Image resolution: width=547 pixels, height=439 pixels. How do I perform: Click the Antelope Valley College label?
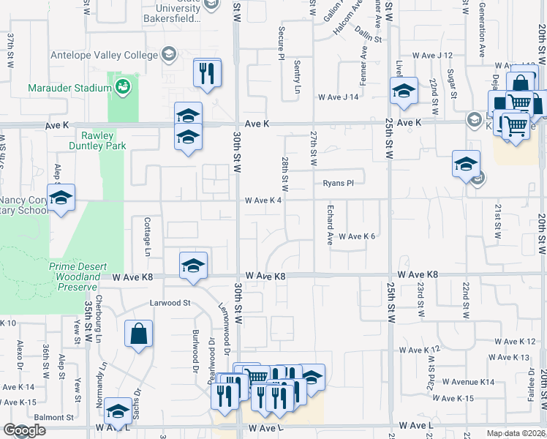pyautogui.click(x=103, y=55)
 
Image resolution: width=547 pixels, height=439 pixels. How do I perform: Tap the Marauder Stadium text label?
pyautogui.click(x=70, y=88)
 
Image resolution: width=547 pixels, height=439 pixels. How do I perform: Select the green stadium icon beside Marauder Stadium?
pyautogui.click(x=124, y=87)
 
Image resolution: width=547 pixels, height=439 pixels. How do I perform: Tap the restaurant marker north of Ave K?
pyautogui.click(x=207, y=73)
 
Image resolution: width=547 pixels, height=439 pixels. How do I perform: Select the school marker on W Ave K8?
pyautogui.click(x=194, y=266)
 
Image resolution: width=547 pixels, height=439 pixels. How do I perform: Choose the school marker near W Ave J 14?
pyautogui.click(x=403, y=91)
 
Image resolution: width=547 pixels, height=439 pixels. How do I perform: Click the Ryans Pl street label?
pyautogui.click(x=338, y=183)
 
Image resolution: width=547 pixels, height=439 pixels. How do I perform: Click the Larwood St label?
pyautogui.click(x=170, y=301)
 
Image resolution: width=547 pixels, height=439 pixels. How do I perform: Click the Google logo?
pyautogui.click(x=24, y=430)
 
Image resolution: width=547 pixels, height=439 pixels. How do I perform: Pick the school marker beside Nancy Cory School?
pyautogui.click(x=61, y=197)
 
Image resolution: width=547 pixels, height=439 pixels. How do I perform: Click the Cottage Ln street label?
pyautogui.click(x=147, y=237)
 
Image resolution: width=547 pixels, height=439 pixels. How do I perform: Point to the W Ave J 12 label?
pyautogui.click(x=432, y=55)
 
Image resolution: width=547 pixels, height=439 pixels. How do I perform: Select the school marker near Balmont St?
pyautogui.click(x=118, y=412)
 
